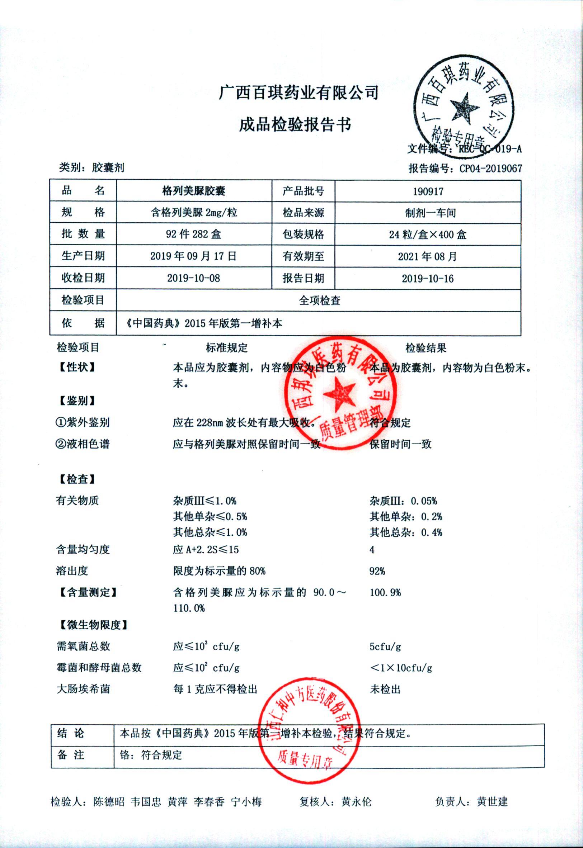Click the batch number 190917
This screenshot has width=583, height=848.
click(428, 191)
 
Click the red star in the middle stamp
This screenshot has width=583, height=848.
click(339, 393)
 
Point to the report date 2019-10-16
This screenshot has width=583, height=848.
click(428, 279)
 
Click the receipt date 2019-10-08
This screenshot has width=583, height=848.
click(194, 278)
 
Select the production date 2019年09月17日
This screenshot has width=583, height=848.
click(193, 256)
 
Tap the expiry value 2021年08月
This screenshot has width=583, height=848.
click(427, 257)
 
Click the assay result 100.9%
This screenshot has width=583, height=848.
click(385, 592)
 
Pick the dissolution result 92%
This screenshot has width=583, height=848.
click(377, 571)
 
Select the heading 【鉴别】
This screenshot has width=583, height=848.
click(77, 401)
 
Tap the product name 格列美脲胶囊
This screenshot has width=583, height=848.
click(194, 191)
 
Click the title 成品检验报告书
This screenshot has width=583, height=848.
click(295, 125)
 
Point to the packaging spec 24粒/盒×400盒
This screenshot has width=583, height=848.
click(427, 234)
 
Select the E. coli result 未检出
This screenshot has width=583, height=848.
click(385, 689)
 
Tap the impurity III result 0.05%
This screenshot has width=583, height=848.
click(424, 501)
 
